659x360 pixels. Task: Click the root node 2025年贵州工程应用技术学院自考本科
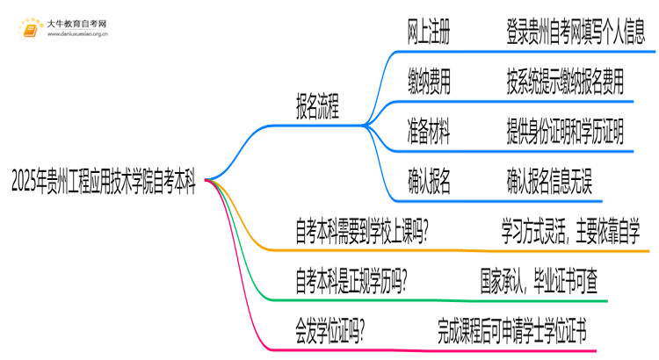click(x=104, y=183)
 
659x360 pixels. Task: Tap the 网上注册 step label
click(x=430, y=33)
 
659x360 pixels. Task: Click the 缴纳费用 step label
click(x=430, y=83)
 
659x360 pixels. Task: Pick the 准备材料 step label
click(x=430, y=133)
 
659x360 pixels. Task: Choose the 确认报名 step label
click(x=430, y=182)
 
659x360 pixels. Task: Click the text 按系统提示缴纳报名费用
click(x=565, y=83)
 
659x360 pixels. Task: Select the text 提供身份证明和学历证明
click(x=565, y=133)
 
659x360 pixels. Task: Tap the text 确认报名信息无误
click(x=549, y=182)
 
